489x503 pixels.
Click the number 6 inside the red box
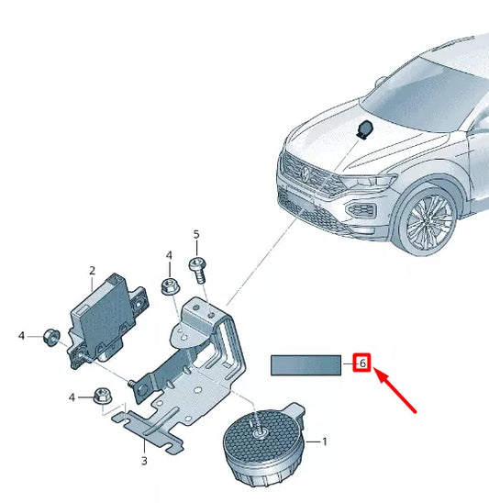(362, 364)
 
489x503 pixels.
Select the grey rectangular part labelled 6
(306, 365)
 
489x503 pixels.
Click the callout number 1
(324, 442)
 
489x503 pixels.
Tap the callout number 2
(92, 270)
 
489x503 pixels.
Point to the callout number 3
(144, 459)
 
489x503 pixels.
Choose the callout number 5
(196, 236)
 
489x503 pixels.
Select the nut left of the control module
(51, 336)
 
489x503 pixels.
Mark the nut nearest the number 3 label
(102, 397)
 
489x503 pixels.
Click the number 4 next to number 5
(169, 255)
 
